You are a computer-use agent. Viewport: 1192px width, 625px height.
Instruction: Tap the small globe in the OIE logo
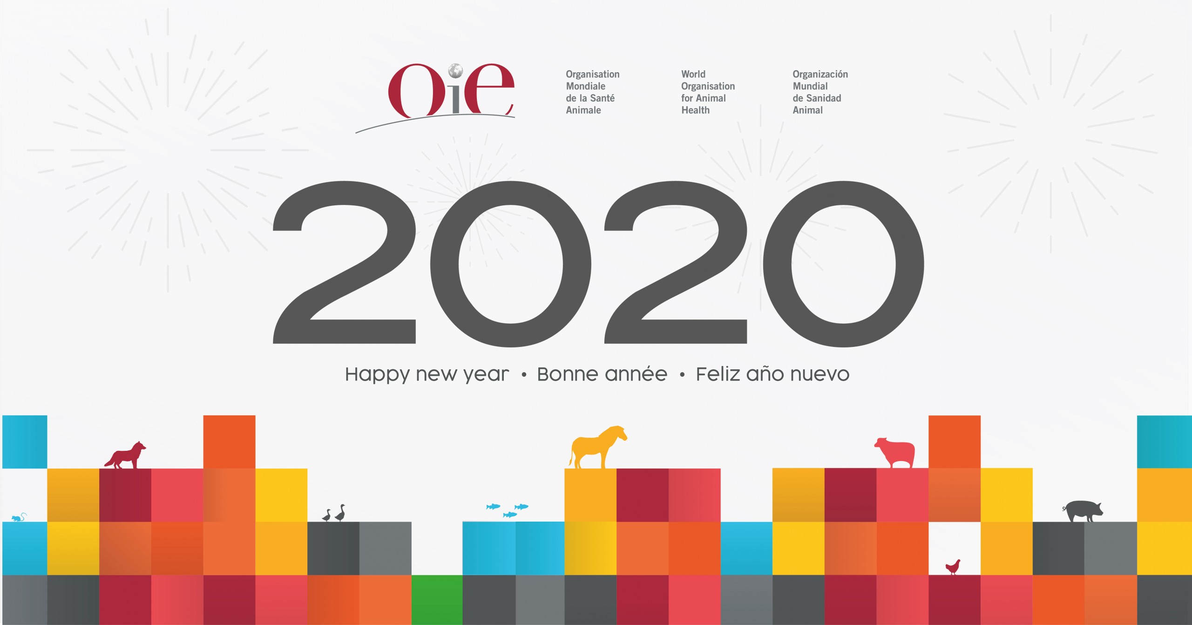[x=455, y=71]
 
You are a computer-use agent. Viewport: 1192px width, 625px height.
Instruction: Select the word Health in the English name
[x=696, y=110]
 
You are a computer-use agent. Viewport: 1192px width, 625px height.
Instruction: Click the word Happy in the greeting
[x=377, y=375]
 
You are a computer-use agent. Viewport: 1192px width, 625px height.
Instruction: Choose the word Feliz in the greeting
[x=718, y=374]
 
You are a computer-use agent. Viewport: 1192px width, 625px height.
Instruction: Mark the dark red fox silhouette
[x=125, y=455]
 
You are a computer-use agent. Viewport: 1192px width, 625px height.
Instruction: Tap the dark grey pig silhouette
[x=1083, y=511]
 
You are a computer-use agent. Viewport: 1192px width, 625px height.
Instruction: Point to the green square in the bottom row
[x=437, y=600]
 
